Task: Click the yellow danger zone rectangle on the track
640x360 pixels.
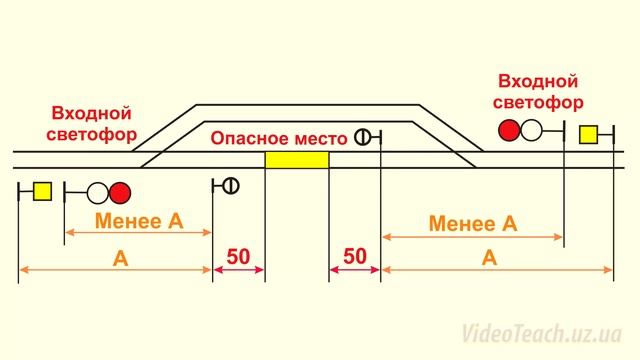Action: [x=296, y=160]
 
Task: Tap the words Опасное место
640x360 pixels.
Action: [x=278, y=137]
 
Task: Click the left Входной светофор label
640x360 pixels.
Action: [x=92, y=125]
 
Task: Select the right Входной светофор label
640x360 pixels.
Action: [x=539, y=90]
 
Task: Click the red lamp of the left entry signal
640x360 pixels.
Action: [x=121, y=191]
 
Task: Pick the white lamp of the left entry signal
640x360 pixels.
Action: [x=99, y=191]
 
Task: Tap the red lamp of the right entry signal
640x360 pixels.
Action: [x=509, y=130]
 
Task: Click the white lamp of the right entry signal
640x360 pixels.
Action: [x=531, y=130]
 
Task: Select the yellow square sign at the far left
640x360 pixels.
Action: [x=41, y=191]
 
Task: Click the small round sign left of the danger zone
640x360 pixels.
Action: [x=230, y=185]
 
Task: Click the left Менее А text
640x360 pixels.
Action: [x=139, y=220]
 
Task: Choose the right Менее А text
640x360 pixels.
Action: [x=472, y=223]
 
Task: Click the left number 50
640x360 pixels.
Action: [x=238, y=256]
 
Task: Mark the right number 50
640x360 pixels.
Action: [x=355, y=256]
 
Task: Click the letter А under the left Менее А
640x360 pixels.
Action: [x=121, y=257]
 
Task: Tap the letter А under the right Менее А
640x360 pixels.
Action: [x=489, y=257]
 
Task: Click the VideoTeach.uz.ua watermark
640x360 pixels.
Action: [x=539, y=333]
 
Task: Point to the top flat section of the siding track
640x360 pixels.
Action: [x=305, y=105]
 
